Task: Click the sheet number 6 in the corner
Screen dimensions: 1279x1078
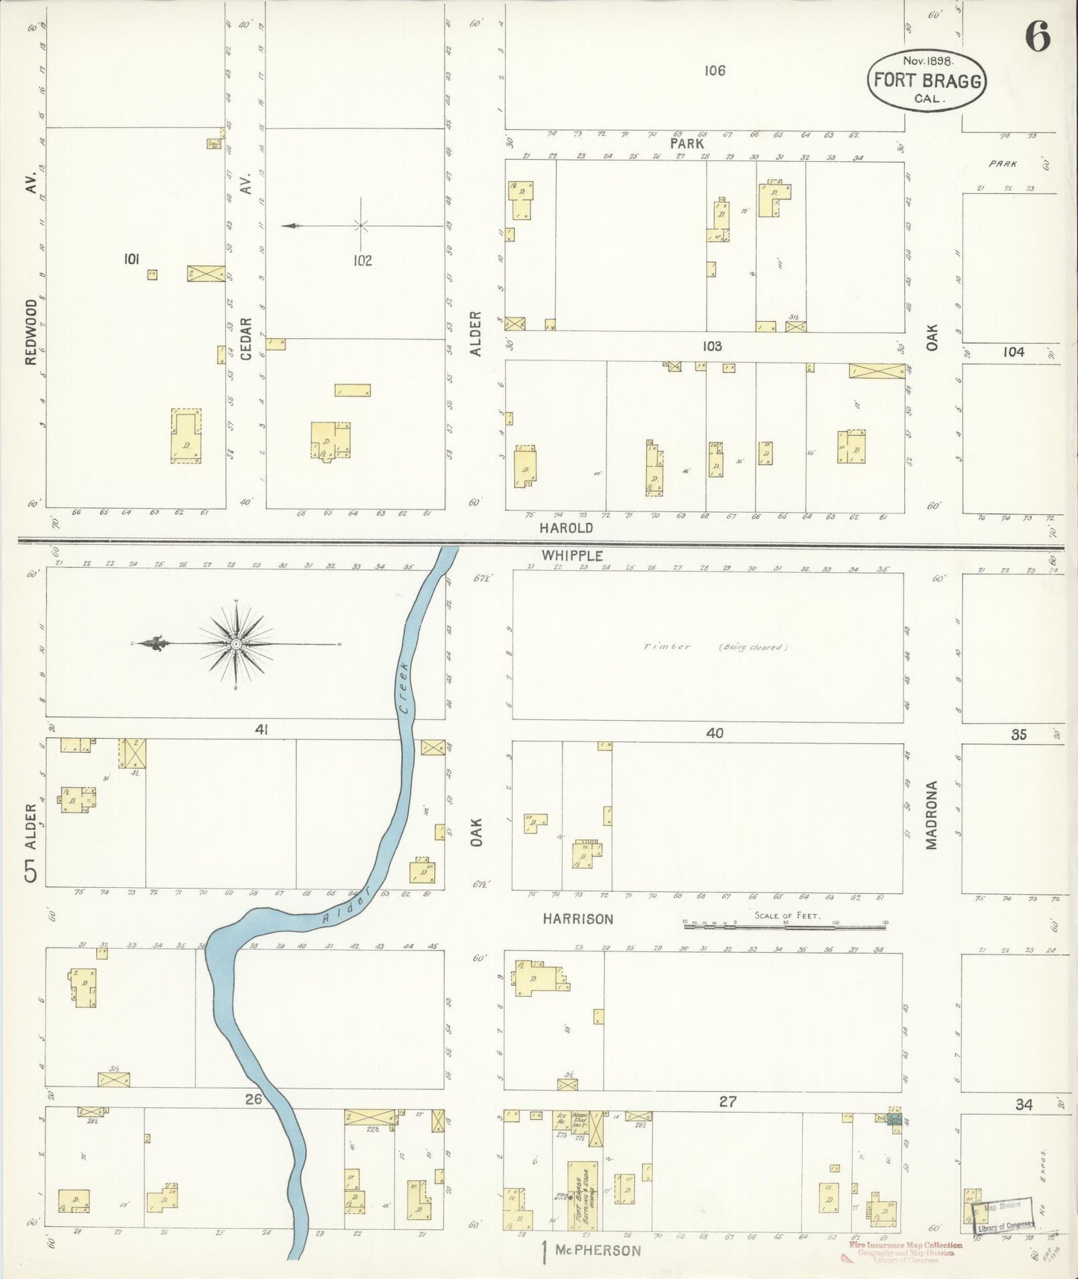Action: (x=1037, y=36)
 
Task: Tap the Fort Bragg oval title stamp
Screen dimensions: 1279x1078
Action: (x=926, y=81)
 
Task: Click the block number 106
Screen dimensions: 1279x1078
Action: (x=714, y=71)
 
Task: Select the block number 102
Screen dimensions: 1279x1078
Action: (x=363, y=261)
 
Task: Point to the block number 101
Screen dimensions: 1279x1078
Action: (x=131, y=259)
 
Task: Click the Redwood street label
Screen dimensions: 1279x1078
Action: (x=31, y=332)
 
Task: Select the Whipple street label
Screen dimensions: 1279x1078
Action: (x=572, y=556)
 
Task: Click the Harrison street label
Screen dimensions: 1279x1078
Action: (x=577, y=919)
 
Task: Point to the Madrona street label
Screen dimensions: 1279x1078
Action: (x=931, y=815)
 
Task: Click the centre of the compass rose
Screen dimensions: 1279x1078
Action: (x=236, y=644)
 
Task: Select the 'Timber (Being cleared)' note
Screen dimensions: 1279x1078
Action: (x=714, y=647)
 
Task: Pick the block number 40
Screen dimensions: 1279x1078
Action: (x=714, y=734)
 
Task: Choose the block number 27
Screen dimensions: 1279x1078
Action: (x=727, y=1101)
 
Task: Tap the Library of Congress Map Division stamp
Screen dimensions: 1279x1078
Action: (x=1004, y=1213)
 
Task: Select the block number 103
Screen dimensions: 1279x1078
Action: (x=712, y=346)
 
